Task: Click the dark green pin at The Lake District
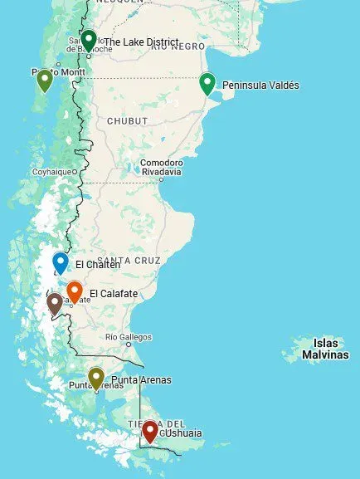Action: [88, 39]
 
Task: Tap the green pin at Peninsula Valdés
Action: [207, 83]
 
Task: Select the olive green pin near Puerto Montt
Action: [45, 80]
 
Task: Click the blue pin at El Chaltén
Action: [61, 262]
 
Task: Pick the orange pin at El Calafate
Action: [75, 291]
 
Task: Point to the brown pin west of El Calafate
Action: [55, 303]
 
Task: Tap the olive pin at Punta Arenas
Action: [96, 378]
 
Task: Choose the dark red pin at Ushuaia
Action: [149, 431]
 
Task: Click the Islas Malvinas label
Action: [326, 349]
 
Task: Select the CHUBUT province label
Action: [127, 121]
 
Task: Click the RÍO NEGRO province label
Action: [178, 46]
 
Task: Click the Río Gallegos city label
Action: [129, 336]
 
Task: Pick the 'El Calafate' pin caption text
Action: [113, 293]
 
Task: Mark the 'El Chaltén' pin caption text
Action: [97, 265]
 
